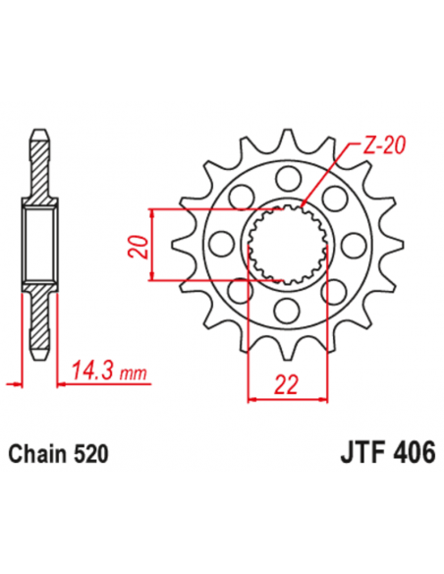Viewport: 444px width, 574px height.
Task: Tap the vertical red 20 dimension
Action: point(140,246)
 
